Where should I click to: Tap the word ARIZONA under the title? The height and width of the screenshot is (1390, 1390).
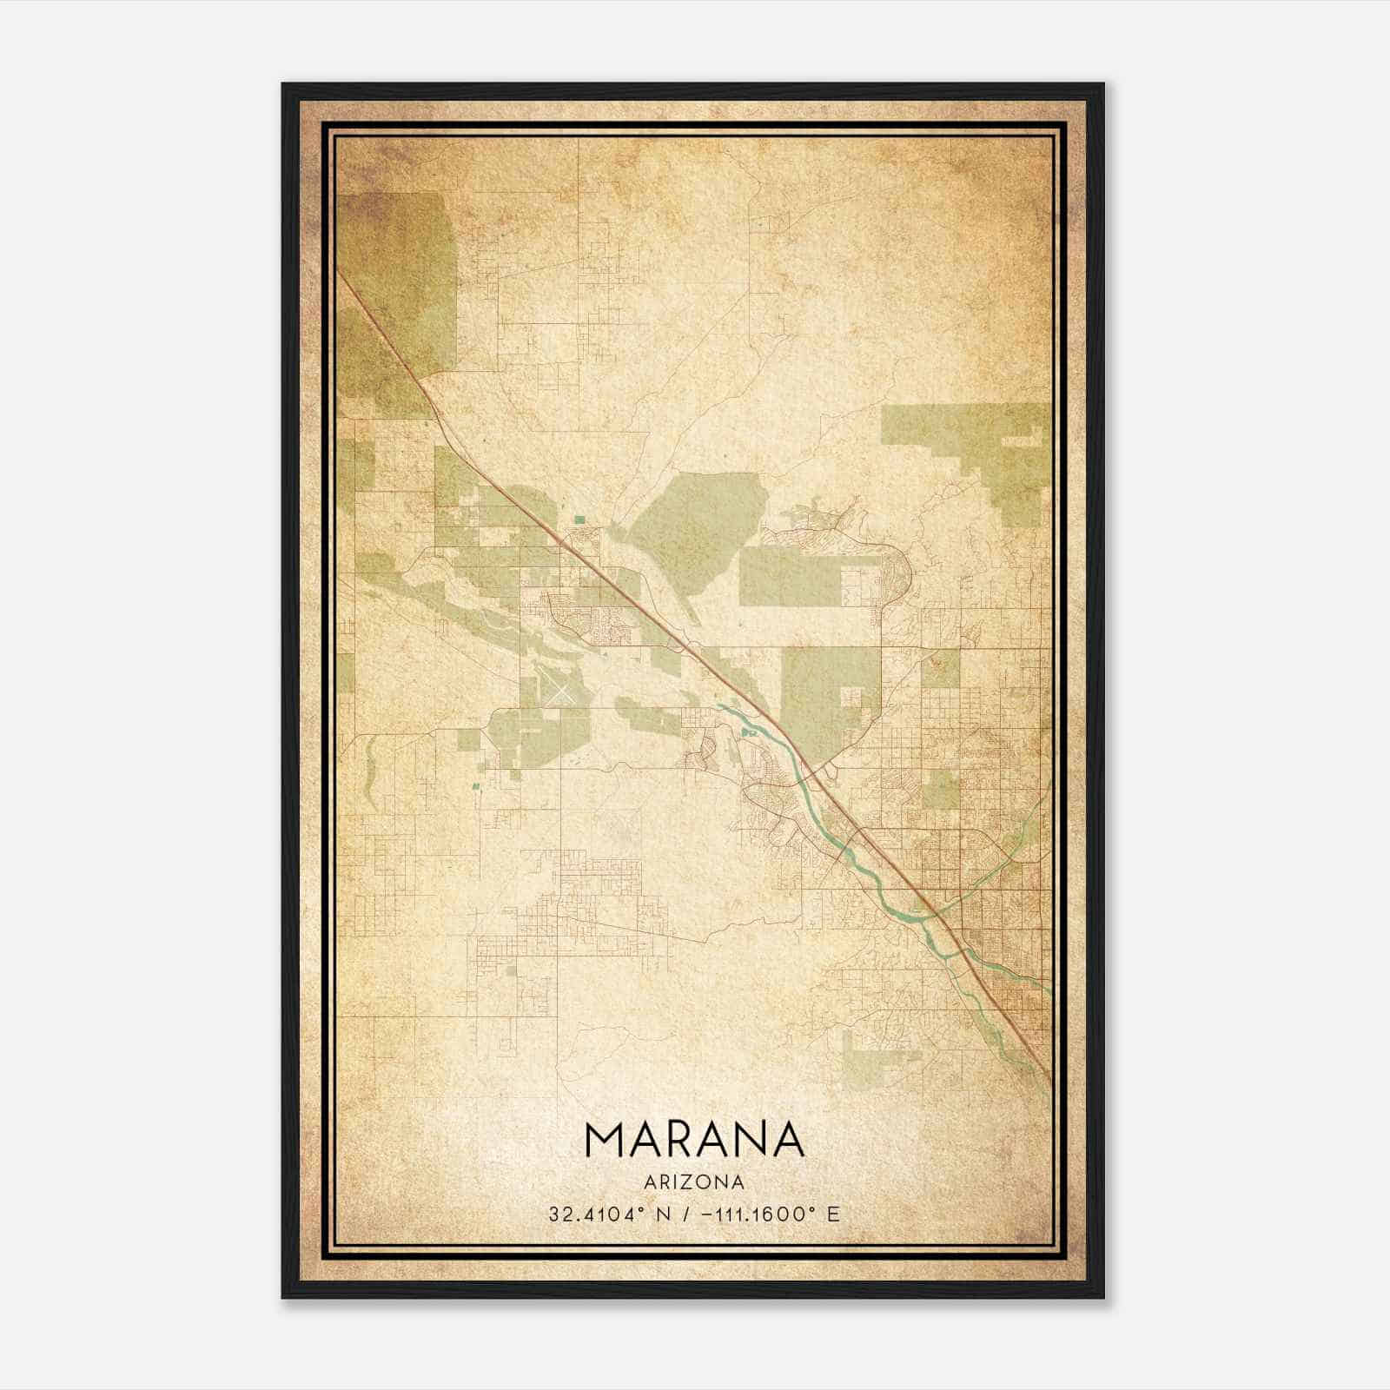coord(694,1181)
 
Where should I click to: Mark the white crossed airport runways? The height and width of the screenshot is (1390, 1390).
coord(560,693)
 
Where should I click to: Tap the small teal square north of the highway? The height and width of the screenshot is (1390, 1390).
coord(579,520)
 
